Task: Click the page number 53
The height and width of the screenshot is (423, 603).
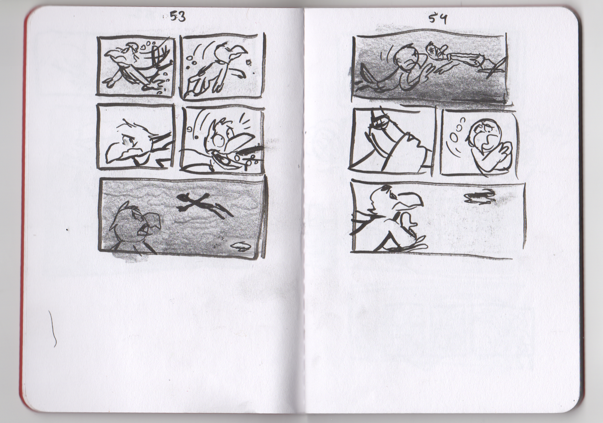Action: [178, 17]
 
